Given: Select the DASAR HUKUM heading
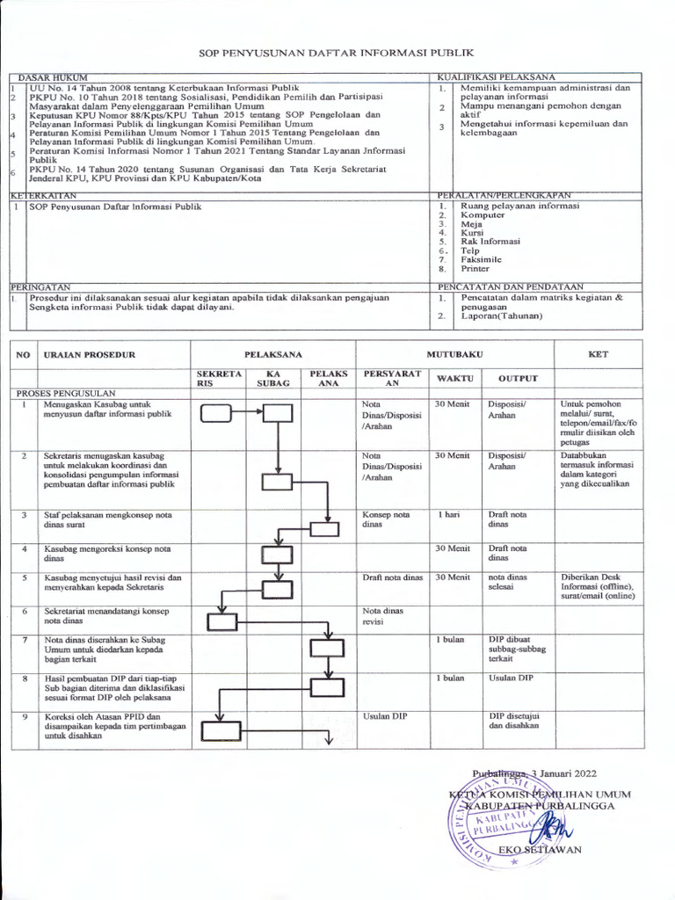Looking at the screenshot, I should point(51,79).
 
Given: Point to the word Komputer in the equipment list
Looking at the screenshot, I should point(483,215).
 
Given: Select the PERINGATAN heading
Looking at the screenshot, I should point(40,287).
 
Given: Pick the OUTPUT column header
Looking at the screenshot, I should point(518,378).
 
